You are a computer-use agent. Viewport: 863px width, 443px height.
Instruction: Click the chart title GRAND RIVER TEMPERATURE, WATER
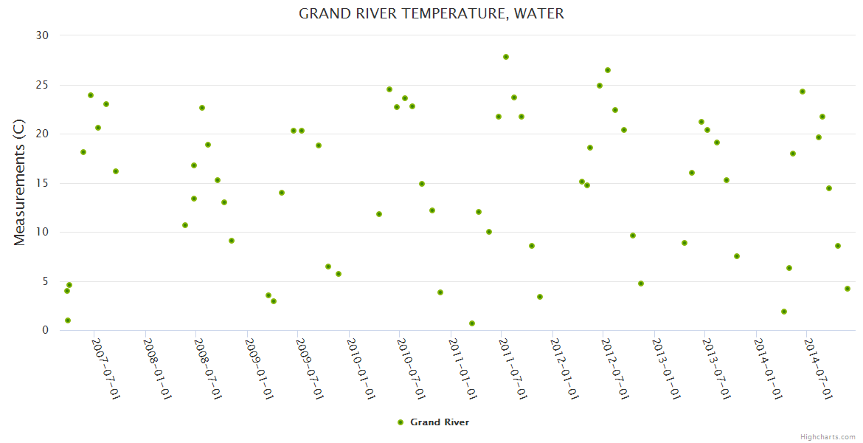[431, 14]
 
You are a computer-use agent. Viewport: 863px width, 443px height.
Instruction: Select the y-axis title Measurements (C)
[20, 182]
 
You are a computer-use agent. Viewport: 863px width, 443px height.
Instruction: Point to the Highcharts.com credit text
[828, 436]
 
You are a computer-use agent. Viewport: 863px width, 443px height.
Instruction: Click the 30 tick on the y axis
[42, 35]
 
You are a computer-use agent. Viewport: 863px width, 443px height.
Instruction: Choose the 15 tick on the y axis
[42, 183]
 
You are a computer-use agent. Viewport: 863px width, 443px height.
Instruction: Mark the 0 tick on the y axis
[45, 331]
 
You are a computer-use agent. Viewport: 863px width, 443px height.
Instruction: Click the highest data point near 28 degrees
[506, 57]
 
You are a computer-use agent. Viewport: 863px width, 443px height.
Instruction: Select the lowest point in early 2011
[472, 323]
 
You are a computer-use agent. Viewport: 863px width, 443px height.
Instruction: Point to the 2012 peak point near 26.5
[608, 70]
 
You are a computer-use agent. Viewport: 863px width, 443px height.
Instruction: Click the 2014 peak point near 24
[803, 92]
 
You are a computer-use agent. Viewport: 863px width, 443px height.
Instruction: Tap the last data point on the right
[848, 289]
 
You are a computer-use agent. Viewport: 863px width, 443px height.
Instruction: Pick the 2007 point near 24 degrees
[91, 95]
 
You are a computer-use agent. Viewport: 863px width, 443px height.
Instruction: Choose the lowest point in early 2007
[68, 320]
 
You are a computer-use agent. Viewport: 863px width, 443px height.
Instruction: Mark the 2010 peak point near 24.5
[389, 89]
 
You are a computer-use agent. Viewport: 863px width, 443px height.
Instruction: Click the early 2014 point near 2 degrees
[784, 312]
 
